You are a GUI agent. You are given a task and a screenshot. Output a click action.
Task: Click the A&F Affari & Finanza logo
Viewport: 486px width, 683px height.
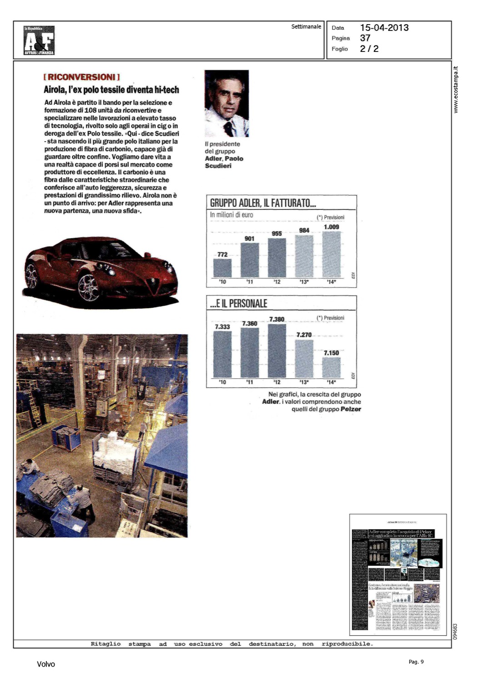(39, 41)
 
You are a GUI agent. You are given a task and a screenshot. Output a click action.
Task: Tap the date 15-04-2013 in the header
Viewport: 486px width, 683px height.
(384, 28)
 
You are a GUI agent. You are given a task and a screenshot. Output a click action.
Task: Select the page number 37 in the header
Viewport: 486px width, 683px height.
(365, 38)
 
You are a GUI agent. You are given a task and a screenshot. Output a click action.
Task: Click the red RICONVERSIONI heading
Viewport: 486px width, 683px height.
(82, 77)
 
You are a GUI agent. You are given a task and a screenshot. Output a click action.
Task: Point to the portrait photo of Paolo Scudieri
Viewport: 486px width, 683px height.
(226, 103)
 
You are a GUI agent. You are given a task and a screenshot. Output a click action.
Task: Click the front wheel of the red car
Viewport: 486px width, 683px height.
(89, 287)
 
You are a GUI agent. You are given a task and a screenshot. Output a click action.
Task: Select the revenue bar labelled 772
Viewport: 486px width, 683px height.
(222, 268)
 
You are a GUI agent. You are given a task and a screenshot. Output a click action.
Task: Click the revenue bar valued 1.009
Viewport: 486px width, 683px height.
(331, 255)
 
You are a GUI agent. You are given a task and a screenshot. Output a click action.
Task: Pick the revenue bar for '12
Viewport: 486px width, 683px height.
(277, 258)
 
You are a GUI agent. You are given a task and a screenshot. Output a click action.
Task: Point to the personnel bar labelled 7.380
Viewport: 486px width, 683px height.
(277, 351)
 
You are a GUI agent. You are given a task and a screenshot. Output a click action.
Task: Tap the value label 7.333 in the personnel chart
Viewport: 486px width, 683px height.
(222, 326)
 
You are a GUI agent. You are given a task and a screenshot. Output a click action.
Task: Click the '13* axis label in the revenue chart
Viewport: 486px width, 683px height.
(304, 282)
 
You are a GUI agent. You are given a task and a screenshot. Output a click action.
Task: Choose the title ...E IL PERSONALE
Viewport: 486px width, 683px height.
(239, 303)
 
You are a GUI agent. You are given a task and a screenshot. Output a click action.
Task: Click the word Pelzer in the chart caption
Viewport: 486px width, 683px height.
(351, 409)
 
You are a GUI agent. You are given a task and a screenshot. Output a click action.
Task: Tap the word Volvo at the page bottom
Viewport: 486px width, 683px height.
(46, 664)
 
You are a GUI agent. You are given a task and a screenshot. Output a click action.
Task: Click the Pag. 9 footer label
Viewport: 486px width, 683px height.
(416, 662)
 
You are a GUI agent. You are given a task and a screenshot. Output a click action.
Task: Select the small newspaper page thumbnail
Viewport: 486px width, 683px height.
(398, 575)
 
